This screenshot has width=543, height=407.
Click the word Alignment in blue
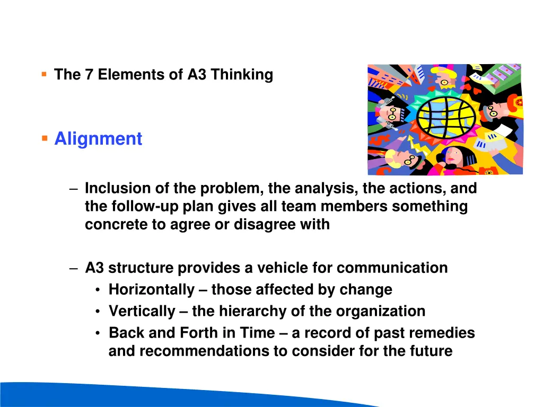(98, 139)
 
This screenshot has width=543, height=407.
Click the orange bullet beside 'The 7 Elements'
(44, 74)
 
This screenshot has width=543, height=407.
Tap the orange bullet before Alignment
(45, 139)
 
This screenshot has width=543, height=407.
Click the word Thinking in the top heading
(242, 75)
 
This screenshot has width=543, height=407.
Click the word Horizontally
(152, 290)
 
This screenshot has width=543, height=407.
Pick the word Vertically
(142, 311)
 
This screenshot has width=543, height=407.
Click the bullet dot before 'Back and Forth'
(99, 333)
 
